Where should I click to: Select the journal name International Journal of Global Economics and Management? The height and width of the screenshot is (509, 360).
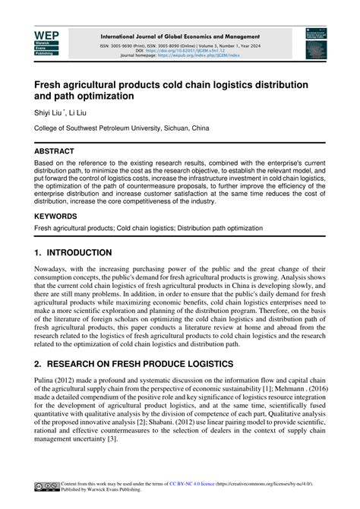[179, 36]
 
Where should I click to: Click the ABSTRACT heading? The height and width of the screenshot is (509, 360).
[54, 151]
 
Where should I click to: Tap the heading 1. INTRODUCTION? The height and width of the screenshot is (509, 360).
[73, 252]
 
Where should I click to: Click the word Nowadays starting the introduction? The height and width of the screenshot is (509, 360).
[52, 269]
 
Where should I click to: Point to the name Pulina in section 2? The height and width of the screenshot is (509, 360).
[46, 381]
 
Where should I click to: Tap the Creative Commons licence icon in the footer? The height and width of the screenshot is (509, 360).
[45, 488]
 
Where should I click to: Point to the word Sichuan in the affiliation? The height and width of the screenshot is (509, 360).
[175, 129]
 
